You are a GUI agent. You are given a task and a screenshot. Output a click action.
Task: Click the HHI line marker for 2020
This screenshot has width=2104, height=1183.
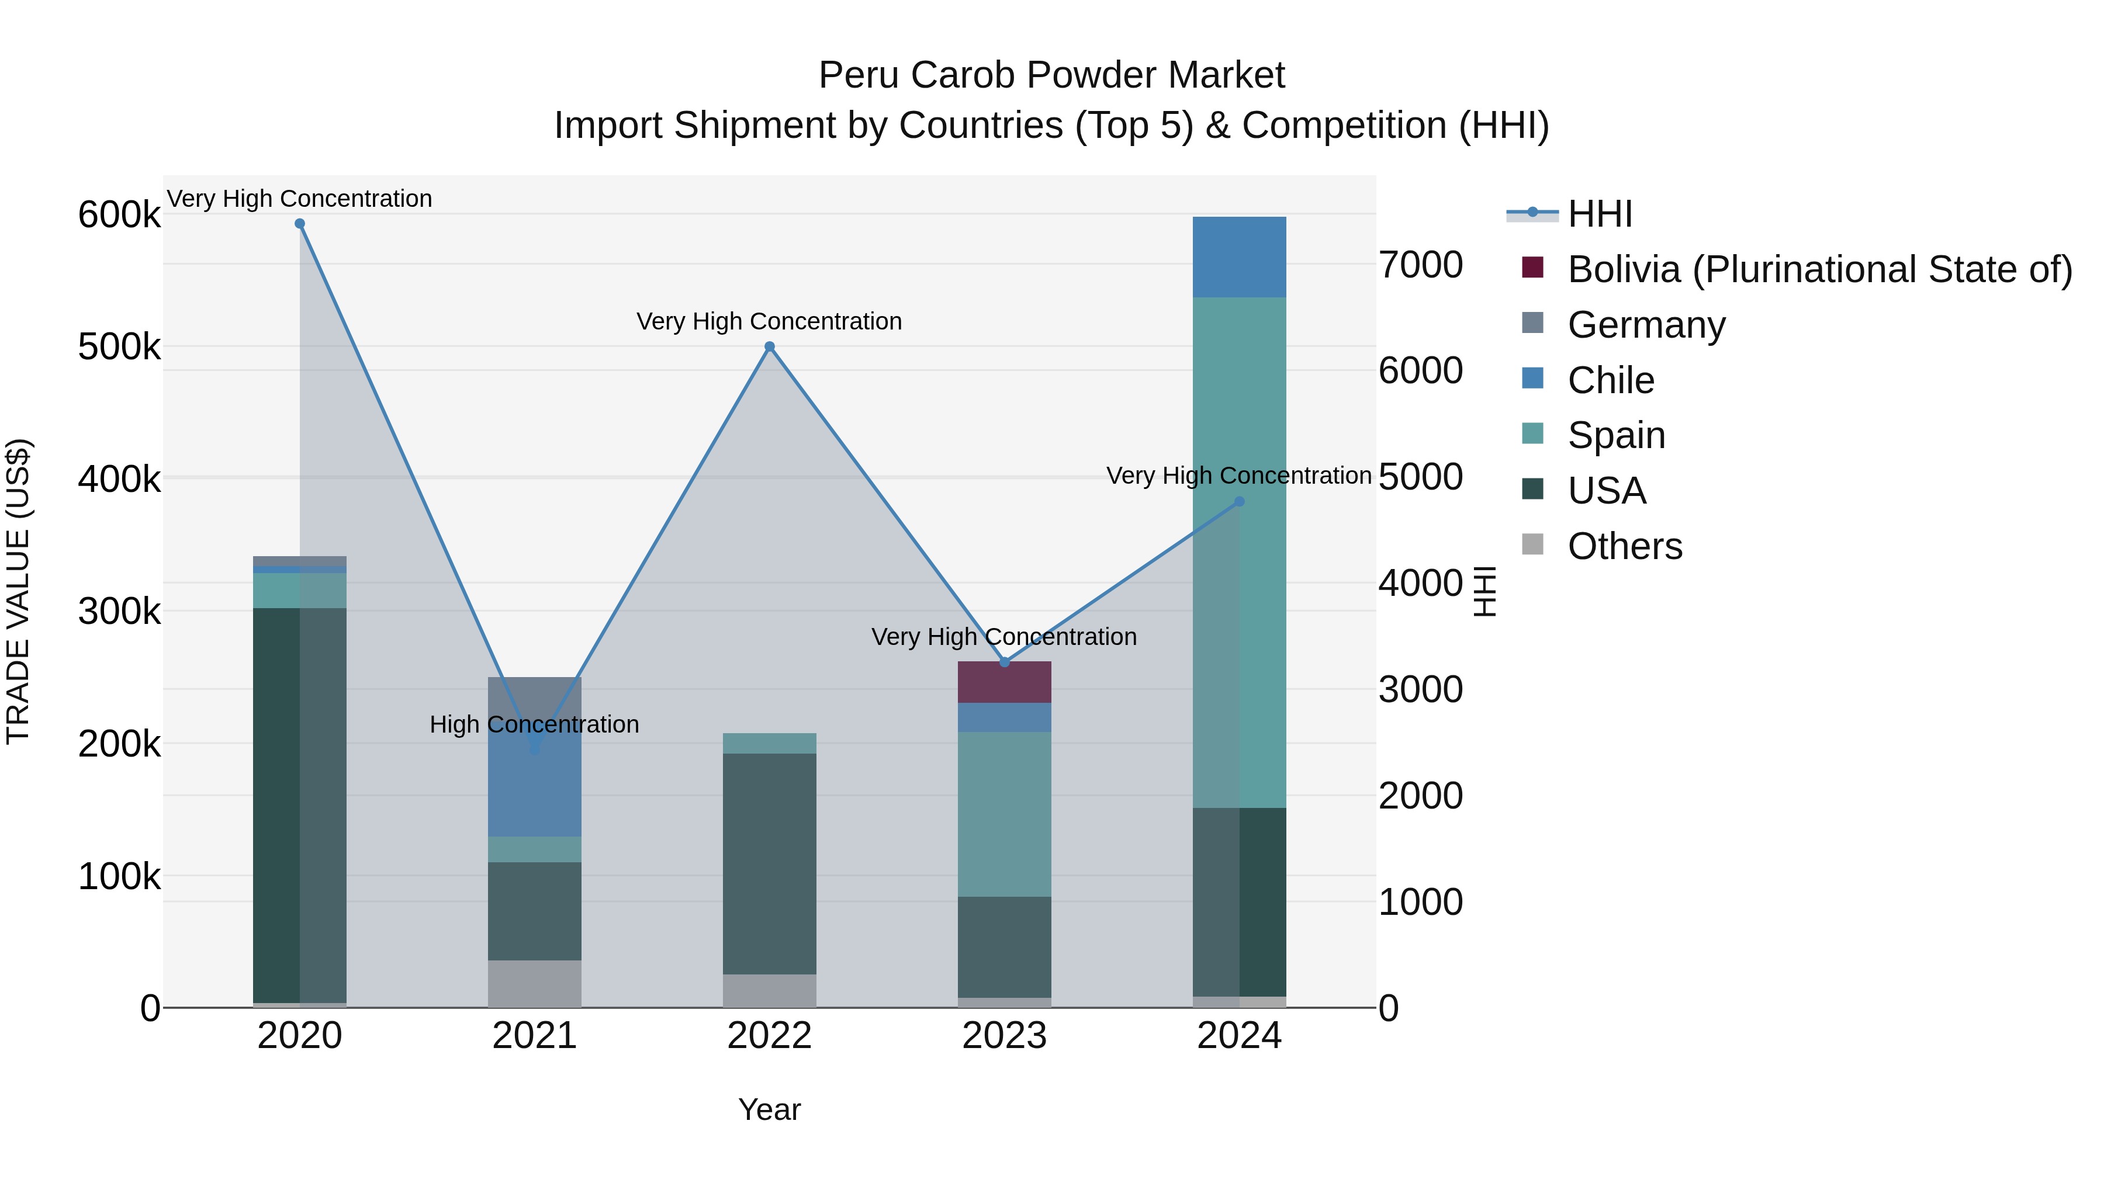point(300,224)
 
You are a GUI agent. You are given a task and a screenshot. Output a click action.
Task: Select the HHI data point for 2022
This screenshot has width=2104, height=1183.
point(769,347)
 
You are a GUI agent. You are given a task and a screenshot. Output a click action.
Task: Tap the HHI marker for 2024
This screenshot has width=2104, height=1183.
point(1239,502)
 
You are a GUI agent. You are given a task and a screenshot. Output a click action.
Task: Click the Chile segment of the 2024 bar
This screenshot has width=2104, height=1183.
point(1239,257)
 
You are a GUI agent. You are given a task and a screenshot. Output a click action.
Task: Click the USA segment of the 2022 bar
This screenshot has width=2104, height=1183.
point(769,864)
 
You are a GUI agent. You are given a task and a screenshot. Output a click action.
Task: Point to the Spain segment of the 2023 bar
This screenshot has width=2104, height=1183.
point(1004,815)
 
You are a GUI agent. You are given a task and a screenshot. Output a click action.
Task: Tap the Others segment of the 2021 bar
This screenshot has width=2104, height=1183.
point(534,984)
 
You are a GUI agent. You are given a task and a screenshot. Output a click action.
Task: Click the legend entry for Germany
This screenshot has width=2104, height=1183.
point(1646,325)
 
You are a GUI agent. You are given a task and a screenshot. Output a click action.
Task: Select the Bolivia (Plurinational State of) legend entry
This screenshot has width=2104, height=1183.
point(1819,269)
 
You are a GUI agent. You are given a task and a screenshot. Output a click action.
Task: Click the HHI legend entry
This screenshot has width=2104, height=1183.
point(1599,214)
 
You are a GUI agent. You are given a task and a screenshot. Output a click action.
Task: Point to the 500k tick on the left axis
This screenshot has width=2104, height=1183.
point(119,347)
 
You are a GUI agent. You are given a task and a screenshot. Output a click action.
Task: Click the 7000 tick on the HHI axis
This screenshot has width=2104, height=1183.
point(1420,265)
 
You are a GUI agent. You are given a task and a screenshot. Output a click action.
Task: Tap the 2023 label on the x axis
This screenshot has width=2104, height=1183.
point(1004,1036)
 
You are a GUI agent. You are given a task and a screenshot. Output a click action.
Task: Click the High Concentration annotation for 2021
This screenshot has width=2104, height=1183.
point(534,724)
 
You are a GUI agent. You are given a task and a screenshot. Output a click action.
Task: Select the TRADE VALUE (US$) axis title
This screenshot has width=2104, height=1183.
point(18,592)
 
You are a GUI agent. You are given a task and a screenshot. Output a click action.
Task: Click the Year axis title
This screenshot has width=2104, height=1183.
point(769,1109)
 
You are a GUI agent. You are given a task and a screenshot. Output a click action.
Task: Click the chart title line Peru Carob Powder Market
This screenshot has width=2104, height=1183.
point(1051,75)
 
